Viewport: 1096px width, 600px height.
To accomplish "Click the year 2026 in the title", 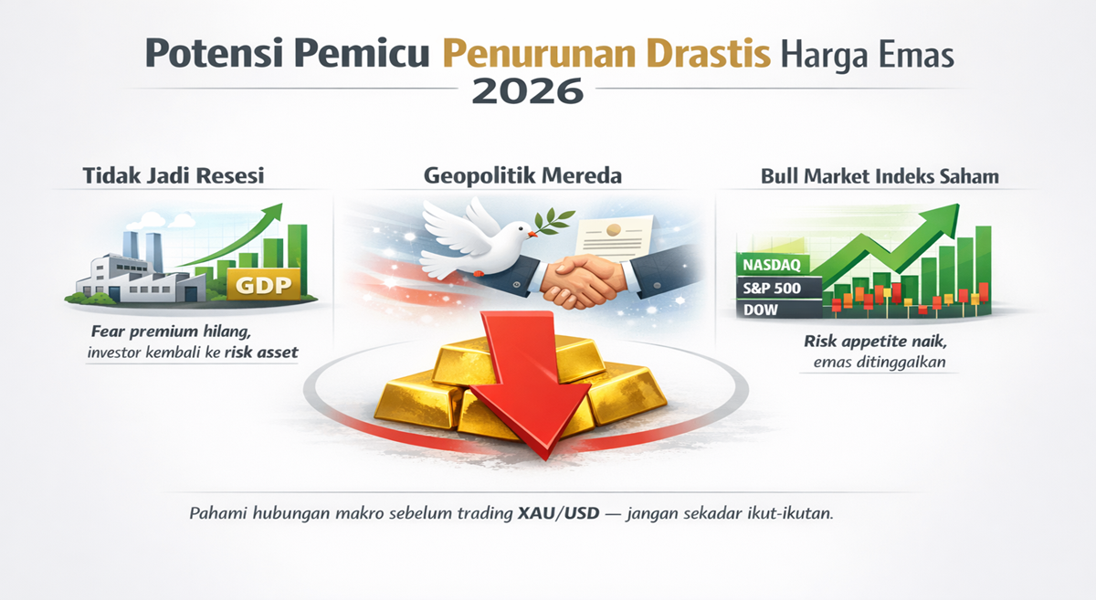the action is pyautogui.click(x=528, y=90).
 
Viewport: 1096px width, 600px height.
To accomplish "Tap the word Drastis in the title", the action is pyautogui.click(x=708, y=53).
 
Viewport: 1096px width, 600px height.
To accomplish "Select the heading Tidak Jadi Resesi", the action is pyautogui.click(x=174, y=175).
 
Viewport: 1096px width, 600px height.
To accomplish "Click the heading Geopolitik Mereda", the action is pyautogui.click(x=522, y=175).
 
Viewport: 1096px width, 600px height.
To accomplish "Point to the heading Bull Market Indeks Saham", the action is pyautogui.click(x=880, y=176).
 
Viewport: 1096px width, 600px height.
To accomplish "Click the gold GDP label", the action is pyautogui.click(x=263, y=284).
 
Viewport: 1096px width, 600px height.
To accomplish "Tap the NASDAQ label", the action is pyautogui.click(x=772, y=265).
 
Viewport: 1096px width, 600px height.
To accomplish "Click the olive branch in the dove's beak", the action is pyautogui.click(x=553, y=221).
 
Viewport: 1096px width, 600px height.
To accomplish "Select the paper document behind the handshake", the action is pyautogui.click(x=614, y=238).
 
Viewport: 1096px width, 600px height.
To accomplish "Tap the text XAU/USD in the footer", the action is pyautogui.click(x=558, y=513).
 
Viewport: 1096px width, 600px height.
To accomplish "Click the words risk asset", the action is pyautogui.click(x=261, y=353).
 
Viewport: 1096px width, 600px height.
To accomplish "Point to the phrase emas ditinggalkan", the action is pyautogui.click(x=880, y=363).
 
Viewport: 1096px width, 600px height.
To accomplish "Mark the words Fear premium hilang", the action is pyautogui.click(x=171, y=332).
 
